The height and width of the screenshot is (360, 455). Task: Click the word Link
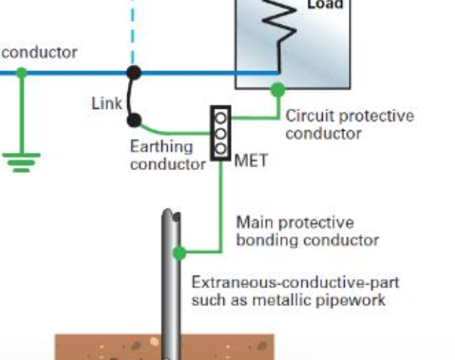click(107, 103)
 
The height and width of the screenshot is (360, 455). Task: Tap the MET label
click(251, 161)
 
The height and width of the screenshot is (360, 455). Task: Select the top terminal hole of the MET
click(221, 117)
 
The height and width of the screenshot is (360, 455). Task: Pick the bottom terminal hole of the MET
click(221, 149)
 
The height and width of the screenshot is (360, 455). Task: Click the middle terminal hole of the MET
click(221, 133)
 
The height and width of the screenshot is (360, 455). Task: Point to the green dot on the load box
click(277, 90)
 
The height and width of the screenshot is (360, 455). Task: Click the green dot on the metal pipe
click(179, 252)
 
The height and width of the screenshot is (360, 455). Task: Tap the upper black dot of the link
click(133, 72)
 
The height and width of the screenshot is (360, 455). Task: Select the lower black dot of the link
click(133, 121)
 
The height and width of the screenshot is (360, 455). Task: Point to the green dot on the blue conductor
click(21, 72)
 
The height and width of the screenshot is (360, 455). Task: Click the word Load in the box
click(325, 4)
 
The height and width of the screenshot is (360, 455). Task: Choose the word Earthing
click(161, 147)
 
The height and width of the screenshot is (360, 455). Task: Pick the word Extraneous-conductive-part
click(295, 282)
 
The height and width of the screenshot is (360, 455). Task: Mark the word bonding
click(267, 240)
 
